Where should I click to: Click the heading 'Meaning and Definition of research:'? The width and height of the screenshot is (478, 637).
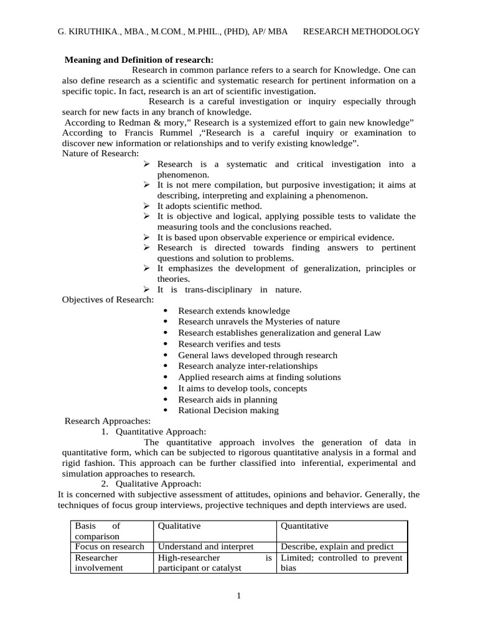(x=139, y=60)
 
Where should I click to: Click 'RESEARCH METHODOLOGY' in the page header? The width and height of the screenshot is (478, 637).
(x=361, y=32)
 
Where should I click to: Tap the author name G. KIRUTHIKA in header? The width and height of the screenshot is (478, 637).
(x=85, y=32)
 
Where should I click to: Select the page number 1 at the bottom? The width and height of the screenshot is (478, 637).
(x=238, y=596)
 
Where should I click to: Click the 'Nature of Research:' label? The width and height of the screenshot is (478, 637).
(x=101, y=154)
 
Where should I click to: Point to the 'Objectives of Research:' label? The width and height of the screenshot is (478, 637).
(x=108, y=299)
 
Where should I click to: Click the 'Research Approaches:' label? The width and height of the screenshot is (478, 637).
(x=108, y=421)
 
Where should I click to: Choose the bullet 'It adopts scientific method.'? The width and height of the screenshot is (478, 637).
(x=209, y=206)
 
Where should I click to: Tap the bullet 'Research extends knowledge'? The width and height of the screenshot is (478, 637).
(x=233, y=310)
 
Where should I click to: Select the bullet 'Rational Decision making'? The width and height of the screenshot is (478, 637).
(x=228, y=410)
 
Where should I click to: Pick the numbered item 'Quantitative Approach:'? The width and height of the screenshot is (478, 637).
(x=161, y=432)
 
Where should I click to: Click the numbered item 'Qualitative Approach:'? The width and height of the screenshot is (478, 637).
(x=158, y=484)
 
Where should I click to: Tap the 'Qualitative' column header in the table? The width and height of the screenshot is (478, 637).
(x=179, y=526)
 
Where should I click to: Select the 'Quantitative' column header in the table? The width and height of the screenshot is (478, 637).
(x=304, y=526)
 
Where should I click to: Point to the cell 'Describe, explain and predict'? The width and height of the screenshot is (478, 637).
(x=337, y=546)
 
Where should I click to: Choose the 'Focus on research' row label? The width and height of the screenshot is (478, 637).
(x=110, y=546)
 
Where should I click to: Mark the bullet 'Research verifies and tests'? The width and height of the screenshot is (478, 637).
(x=229, y=344)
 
